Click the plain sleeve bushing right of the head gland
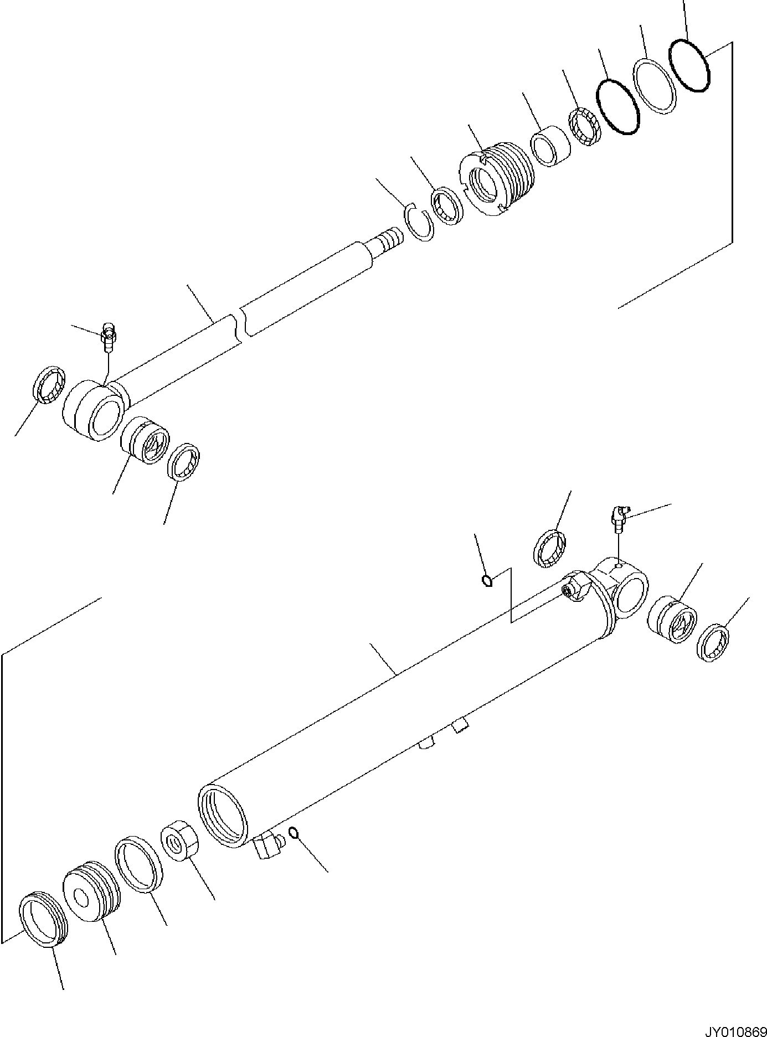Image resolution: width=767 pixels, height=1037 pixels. click(x=550, y=148)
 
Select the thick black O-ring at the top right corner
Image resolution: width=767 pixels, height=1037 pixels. click(x=689, y=66)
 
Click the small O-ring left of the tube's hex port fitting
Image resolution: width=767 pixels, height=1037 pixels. click(x=487, y=580)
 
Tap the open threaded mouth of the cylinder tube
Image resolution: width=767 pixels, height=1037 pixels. click(x=222, y=819)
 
